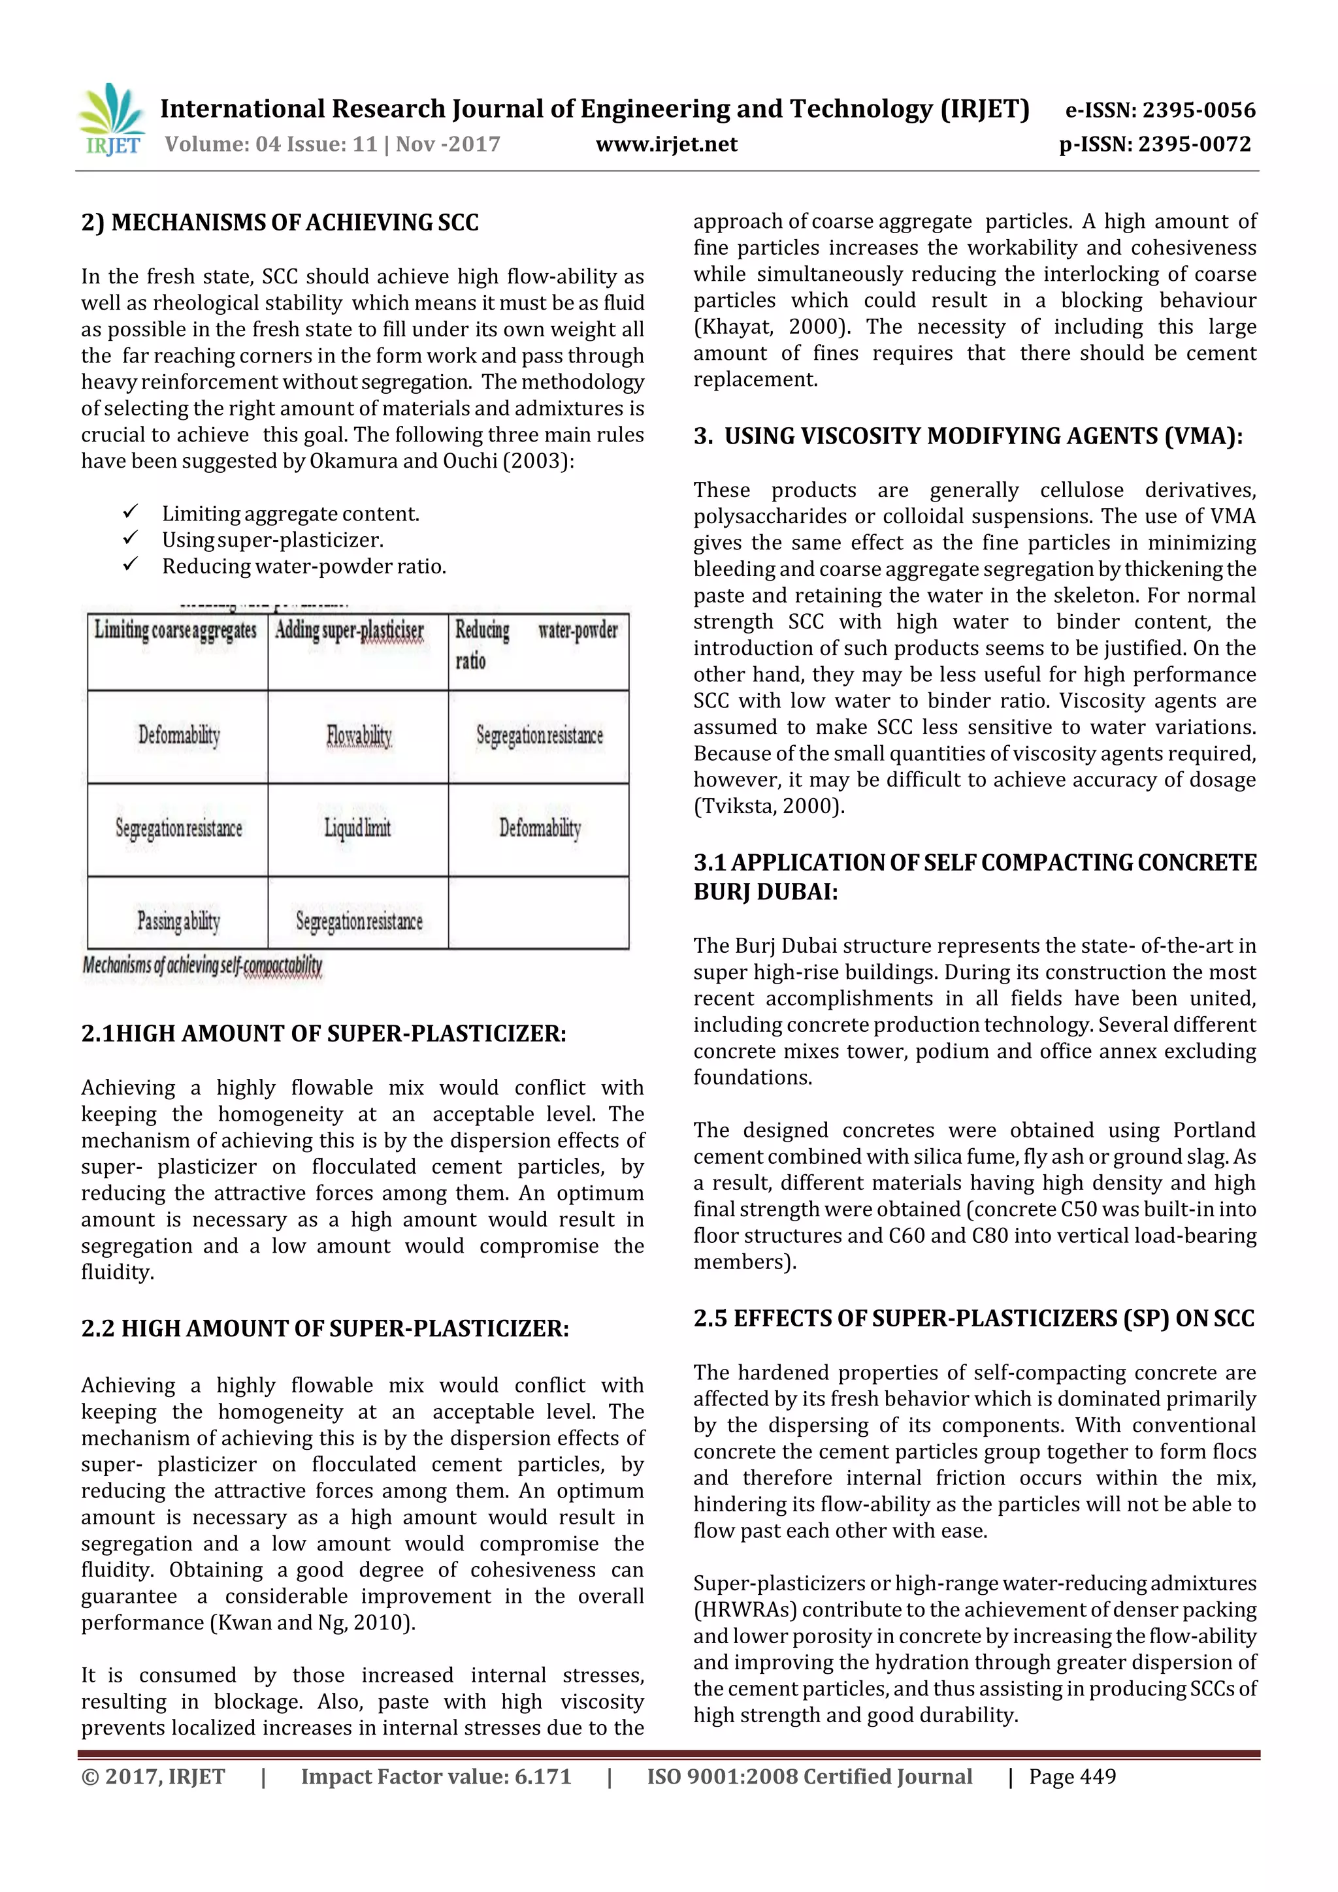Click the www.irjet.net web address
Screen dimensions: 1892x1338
click(666, 144)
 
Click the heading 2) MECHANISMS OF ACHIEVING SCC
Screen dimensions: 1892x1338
click(280, 223)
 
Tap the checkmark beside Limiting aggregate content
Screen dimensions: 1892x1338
click(130, 513)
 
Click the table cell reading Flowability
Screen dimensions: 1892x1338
click(359, 736)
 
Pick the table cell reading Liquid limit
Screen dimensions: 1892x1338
click(358, 828)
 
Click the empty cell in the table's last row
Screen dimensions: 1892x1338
click(538, 913)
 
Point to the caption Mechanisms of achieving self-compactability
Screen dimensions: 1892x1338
click(202, 965)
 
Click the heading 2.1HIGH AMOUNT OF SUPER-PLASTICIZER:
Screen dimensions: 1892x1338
click(323, 1033)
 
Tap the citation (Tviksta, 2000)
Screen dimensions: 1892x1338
click(768, 806)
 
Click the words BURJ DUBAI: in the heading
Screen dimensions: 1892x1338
click(765, 892)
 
